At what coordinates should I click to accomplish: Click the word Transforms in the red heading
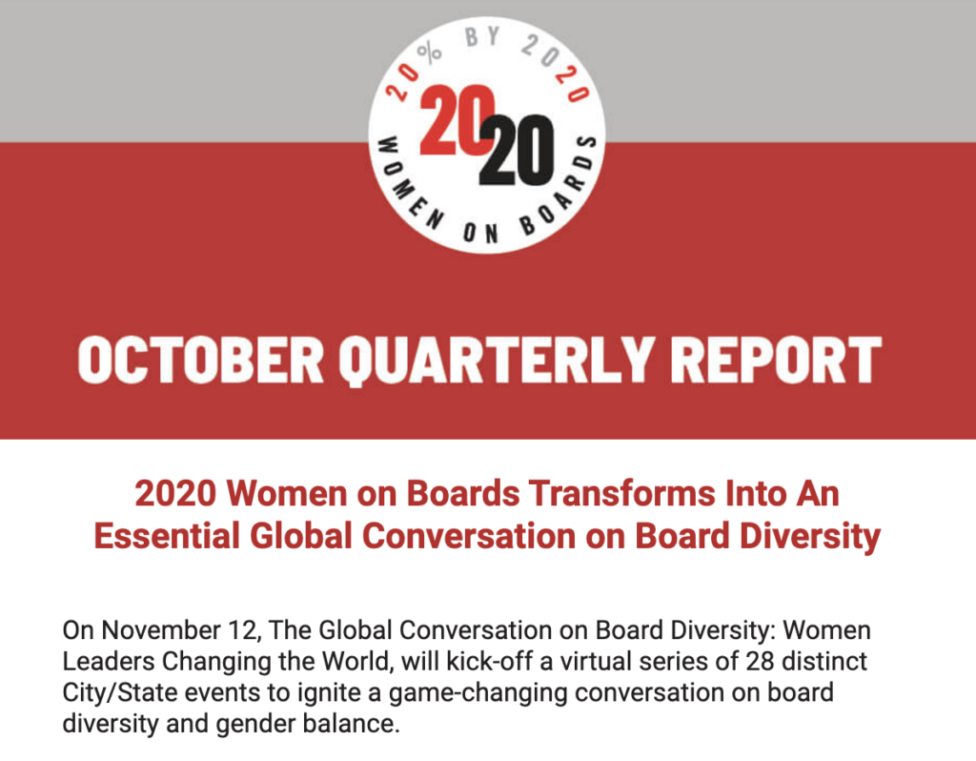[592, 494]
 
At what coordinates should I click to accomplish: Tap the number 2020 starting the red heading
[176, 494]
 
